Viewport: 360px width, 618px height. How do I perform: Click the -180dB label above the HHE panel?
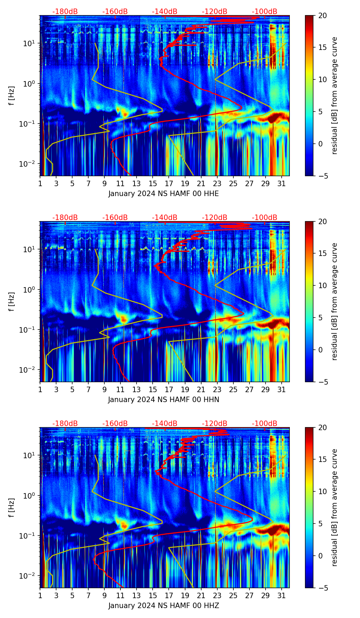[65, 12]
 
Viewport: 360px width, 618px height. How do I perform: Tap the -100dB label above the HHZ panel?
[265, 424]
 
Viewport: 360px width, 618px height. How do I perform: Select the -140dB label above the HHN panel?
[165, 218]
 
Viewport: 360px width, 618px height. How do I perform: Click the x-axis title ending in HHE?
[164, 194]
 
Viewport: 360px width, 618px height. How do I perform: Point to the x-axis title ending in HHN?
[164, 400]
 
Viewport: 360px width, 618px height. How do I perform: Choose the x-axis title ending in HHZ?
[164, 606]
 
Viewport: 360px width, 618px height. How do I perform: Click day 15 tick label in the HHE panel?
[153, 183]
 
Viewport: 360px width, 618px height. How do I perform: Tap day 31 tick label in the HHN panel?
[281, 389]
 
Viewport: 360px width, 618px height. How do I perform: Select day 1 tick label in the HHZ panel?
[40, 595]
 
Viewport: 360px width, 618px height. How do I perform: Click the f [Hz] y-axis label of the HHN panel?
[12, 301]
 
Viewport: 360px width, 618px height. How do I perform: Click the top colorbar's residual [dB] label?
[334, 95]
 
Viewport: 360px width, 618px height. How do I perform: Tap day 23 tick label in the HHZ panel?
[217, 595]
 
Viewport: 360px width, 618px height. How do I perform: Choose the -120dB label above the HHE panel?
[215, 12]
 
